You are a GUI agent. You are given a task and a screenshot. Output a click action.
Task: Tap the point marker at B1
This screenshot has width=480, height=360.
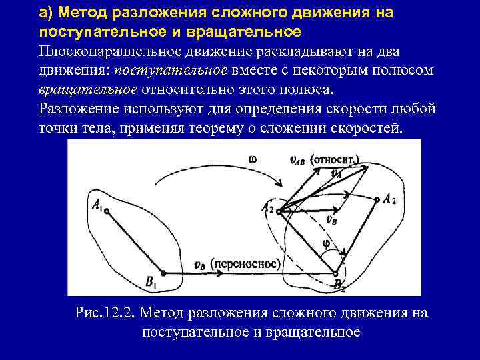[163, 273]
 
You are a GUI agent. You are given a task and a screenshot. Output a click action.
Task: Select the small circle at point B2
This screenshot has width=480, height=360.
[335, 273]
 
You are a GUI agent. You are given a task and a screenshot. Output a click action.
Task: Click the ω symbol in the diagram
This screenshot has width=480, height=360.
[252, 159]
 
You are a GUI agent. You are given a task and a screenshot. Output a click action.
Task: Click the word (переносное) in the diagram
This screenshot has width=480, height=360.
[242, 263]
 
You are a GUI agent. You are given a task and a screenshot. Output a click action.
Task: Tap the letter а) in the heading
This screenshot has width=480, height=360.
[46, 13]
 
